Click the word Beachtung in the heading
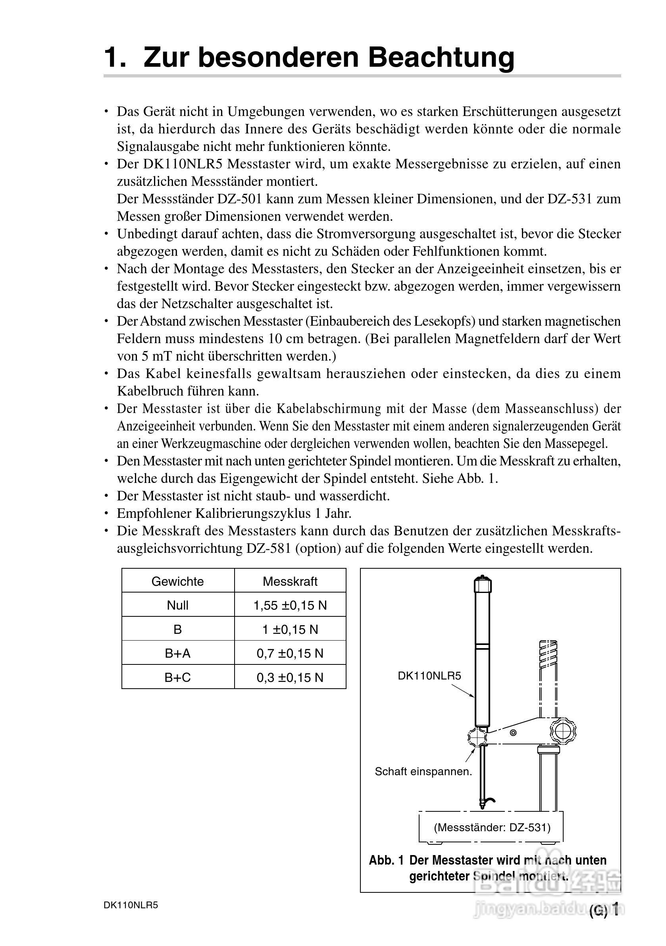click(x=441, y=57)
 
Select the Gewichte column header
click(x=177, y=581)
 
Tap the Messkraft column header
click(x=290, y=581)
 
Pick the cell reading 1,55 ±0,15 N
click(x=290, y=605)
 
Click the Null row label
click(x=177, y=605)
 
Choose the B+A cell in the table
click(x=177, y=653)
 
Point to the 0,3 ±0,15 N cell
click(x=290, y=678)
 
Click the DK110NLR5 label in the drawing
click(x=429, y=676)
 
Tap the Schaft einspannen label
click(x=423, y=771)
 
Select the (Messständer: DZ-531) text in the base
click(x=492, y=827)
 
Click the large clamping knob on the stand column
click(x=563, y=731)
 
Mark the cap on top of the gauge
click(x=483, y=584)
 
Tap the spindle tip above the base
click(x=481, y=804)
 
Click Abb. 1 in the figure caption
click(x=386, y=860)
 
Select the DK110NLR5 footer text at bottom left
click(x=131, y=905)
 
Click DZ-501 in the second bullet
click(x=239, y=199)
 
